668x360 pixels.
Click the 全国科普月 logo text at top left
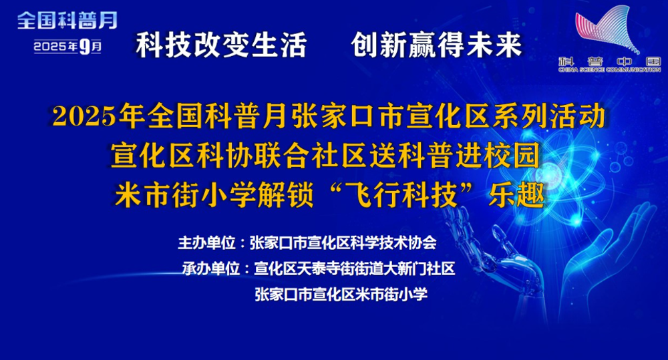click(67, 21)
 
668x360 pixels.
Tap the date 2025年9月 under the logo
click(67, 46)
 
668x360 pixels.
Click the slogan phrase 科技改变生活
click(221, 45)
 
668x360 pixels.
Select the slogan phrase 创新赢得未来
click(437, 45)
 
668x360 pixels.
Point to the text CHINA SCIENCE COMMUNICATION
click(610, 69)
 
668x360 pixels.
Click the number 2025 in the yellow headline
click(84, 116)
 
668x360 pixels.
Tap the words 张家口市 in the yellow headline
click(348, 116)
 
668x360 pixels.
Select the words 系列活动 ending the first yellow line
click(549, 116)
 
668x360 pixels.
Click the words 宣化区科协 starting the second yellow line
click(182, 156)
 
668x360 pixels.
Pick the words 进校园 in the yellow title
click(498, 156)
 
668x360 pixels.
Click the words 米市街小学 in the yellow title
click(185, 195)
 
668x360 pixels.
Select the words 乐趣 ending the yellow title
click(516, 195)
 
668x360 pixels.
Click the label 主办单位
click(206, 243)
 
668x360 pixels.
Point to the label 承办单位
click(211, 268)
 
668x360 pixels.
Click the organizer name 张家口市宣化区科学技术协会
click(343, 243)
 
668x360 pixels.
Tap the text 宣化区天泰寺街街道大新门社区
click(355, 268)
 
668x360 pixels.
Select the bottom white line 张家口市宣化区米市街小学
click(341, 294)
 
